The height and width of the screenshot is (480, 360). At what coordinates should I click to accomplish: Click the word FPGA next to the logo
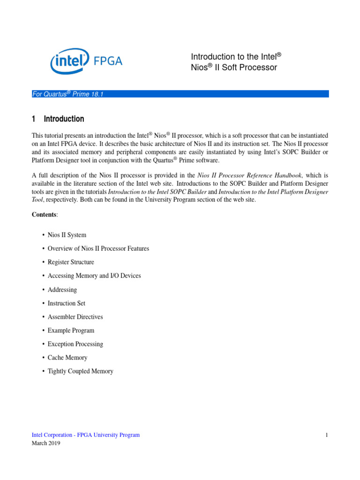pyautogui.click(x=108, y=61)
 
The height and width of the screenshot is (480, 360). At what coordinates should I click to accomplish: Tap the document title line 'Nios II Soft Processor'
pyautogui.click(x=234, y=67)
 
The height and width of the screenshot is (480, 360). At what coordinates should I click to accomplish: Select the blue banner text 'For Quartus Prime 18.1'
pyautogui.click(x=67, y=94)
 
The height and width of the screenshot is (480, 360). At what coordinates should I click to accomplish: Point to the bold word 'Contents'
pyautogui.click(x=45, y=214)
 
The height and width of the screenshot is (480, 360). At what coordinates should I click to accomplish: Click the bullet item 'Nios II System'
pyautogui.click(x=67, y=235)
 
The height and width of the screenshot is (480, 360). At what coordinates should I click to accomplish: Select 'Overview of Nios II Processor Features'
pyautogui.click(x=98, y=248)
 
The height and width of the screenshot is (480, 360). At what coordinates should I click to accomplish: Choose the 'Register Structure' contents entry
pyautogui.click(x=71, y=262)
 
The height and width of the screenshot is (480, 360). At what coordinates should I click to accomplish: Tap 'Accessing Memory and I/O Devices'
pyautogui.click(x=94, y=276)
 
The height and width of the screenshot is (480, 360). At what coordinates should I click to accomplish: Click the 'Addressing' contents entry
pyautogui.click(x=62, y=290)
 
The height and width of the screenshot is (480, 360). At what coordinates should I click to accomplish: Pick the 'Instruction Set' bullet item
pyautogui.click(x=67, y=303)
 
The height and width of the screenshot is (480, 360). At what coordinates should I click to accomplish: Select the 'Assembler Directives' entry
pyautogui.click(x=75, y=317)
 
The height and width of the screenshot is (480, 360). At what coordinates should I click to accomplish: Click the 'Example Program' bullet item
pyautogui.click(x=71, y=330)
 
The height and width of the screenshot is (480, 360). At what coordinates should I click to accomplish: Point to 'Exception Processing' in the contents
pyautogui.click(x=75, y=344)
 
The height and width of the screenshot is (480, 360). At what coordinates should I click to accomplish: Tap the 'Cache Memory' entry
pyautogui.click(x=67, y=358)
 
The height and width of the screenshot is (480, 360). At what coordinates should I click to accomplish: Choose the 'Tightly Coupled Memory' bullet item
pyautogui.click(x=80, y=371)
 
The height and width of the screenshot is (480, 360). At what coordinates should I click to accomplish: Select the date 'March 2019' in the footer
pyautogui.click(x=46, y=443)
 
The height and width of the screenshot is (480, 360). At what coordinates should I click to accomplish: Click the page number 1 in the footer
pyautogui.click(x=326, y=435)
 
